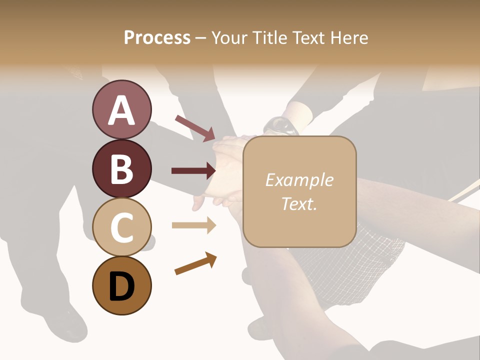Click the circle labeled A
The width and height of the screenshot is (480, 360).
[121, 110]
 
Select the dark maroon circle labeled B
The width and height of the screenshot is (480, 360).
[121, 168]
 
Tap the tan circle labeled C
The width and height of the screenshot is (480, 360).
[121, 227]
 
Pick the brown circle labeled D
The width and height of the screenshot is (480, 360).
[121, 285]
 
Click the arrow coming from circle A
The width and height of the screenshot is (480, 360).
[195, 128]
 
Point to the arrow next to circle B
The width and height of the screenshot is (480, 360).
[193, 171]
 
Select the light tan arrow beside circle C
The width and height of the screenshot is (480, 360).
[193, 225]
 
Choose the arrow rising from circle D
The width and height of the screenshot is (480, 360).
[195, 264]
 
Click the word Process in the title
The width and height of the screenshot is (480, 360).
[157, 38]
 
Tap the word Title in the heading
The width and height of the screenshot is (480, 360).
[270, 38]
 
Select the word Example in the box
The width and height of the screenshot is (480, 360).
[299, 180]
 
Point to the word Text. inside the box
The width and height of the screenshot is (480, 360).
[299, 203]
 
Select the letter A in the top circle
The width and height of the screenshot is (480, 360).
[121, 110]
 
